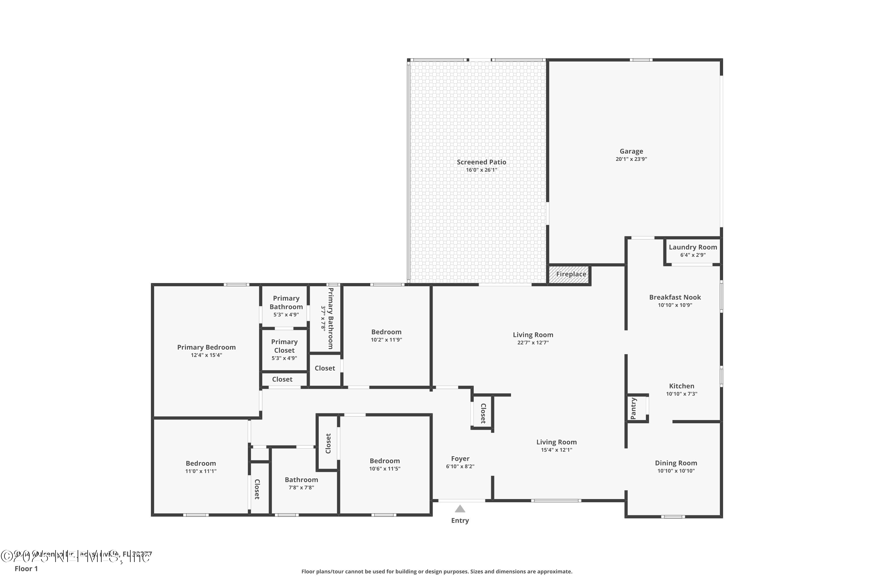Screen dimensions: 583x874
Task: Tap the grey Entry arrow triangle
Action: pos(460,509)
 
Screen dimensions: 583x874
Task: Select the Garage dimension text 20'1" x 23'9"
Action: pos(631,159)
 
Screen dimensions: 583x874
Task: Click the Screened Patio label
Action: pos(481,162)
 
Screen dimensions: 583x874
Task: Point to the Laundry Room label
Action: pos(693,247)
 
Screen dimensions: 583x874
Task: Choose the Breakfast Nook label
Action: pos(675,297)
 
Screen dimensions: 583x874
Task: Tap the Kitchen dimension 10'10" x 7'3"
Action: pos(681,394)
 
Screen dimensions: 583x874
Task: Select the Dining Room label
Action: pos(676,463)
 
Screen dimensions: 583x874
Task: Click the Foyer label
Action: pos(460,459)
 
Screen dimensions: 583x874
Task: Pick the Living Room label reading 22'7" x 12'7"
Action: pos(533,335)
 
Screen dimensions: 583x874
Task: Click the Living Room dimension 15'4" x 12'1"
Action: pos(556,450)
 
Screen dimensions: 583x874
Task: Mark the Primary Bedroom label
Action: pos(206,347)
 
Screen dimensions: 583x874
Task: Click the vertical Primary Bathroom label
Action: pos(330,318)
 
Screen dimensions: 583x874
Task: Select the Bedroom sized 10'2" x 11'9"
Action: pos(386,332)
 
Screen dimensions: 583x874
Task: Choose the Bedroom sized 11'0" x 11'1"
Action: pos(201,463)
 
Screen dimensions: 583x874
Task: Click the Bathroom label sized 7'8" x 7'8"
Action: pos(301,480)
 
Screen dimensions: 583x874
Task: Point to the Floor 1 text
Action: pos(26,568)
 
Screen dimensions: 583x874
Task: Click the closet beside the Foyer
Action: pos(483,413)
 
